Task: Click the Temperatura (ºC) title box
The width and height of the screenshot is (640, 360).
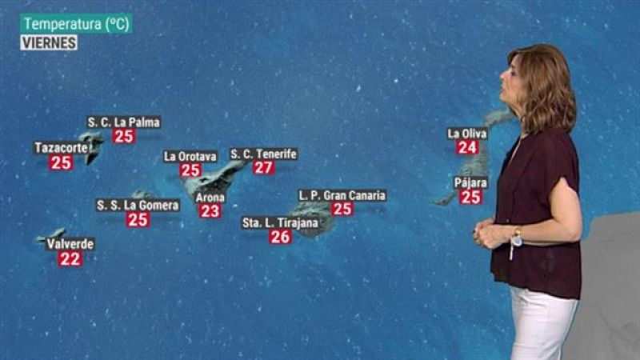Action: [76, 24]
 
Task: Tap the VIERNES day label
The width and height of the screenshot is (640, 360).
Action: [49, 42]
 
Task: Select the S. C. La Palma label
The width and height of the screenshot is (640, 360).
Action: [124, 122]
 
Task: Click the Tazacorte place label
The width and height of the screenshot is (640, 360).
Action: [61, 148]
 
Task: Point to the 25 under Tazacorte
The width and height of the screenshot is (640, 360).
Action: [61, 163]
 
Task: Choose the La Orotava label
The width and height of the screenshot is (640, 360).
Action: [190, 156]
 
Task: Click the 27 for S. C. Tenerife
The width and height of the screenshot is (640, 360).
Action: [263, 167]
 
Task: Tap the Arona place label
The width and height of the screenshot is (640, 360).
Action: [210, 197]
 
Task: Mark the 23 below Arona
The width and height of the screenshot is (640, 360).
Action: [210, 211]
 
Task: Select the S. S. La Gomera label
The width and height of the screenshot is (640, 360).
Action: [138, 206]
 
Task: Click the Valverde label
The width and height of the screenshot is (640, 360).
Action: [70, 243]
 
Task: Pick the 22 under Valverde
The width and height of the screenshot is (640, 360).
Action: [70, 258]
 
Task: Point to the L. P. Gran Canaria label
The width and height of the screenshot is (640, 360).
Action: [342, 194]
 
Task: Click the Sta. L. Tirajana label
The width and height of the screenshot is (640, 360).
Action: [279, 222]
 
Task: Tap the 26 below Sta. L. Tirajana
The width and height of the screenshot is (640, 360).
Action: [280, 237]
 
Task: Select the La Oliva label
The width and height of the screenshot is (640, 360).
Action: [466, 134]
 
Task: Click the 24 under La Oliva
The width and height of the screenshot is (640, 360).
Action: [467, 147]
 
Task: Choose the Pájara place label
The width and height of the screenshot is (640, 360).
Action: [470, 182]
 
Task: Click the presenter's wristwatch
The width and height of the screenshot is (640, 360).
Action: [517, 238]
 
